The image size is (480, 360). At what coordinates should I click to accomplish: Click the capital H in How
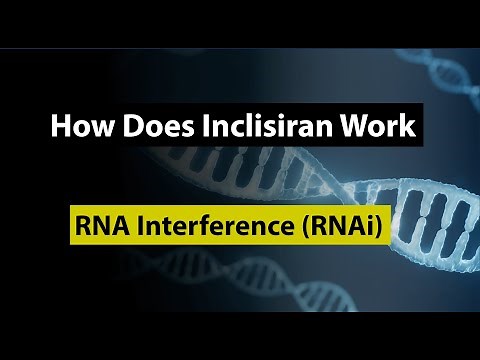(x=58, y=129)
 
